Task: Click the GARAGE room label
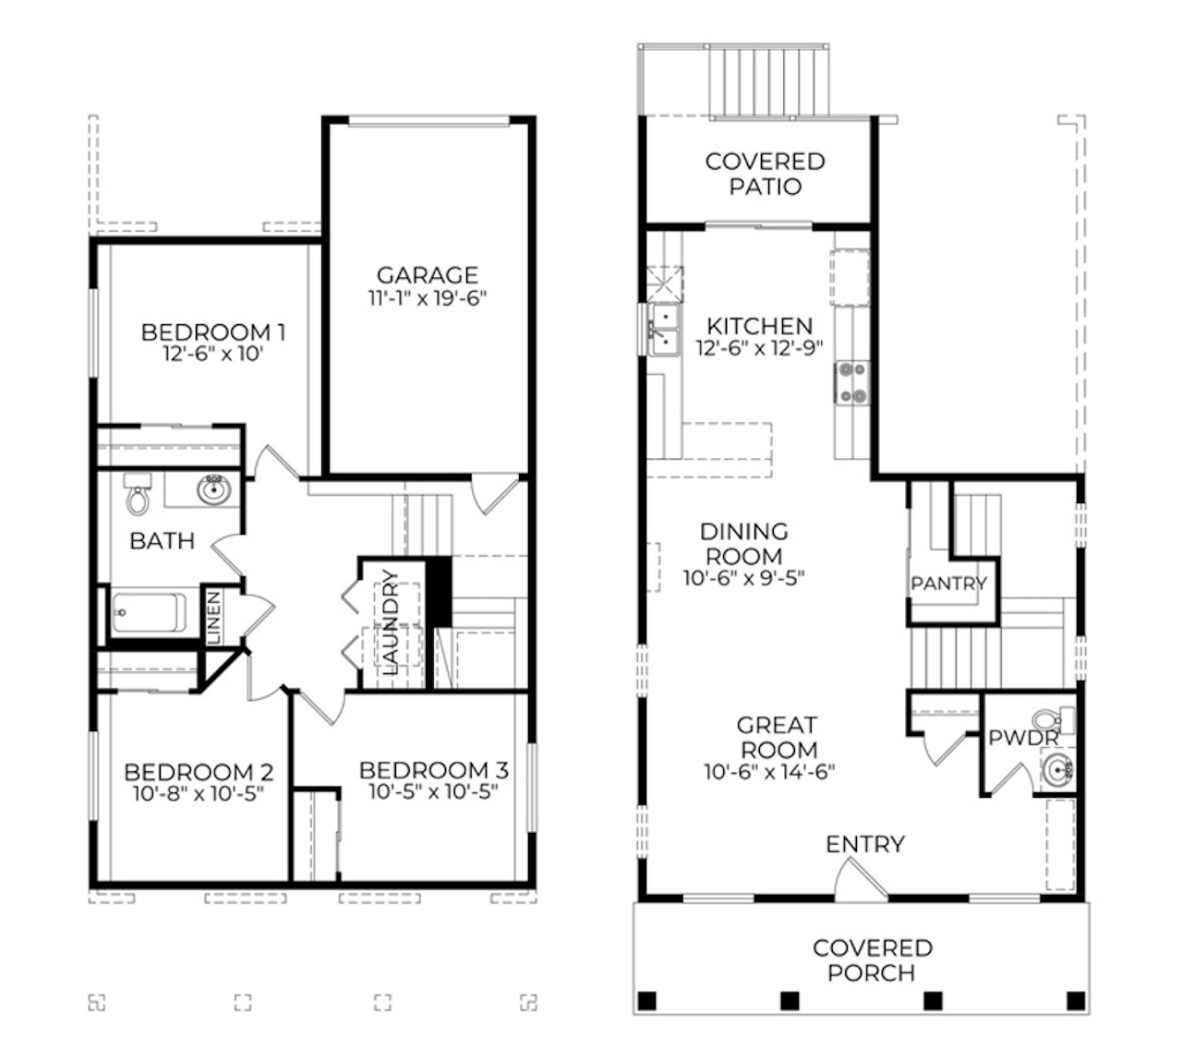(x=427, y=275)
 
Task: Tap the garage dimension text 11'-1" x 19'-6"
(x=427, y=298)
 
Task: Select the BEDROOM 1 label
(x=213, y=332)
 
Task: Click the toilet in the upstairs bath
(x=139, y=497)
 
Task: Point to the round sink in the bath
(x=214, y=489)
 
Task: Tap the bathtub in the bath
(x=148, y=612)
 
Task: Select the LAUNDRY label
(x=390, y=622)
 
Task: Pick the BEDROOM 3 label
(x=433, y=769)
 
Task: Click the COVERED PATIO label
(x=765, y=174)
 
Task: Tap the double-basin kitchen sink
(x=662, y=330)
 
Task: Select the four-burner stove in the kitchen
(x=852, y=382)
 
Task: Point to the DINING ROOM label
(x=743, y=544)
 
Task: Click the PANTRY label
(x=948, y=584)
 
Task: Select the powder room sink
(x=1055, y=767)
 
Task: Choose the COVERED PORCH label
(x=872, y=960)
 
